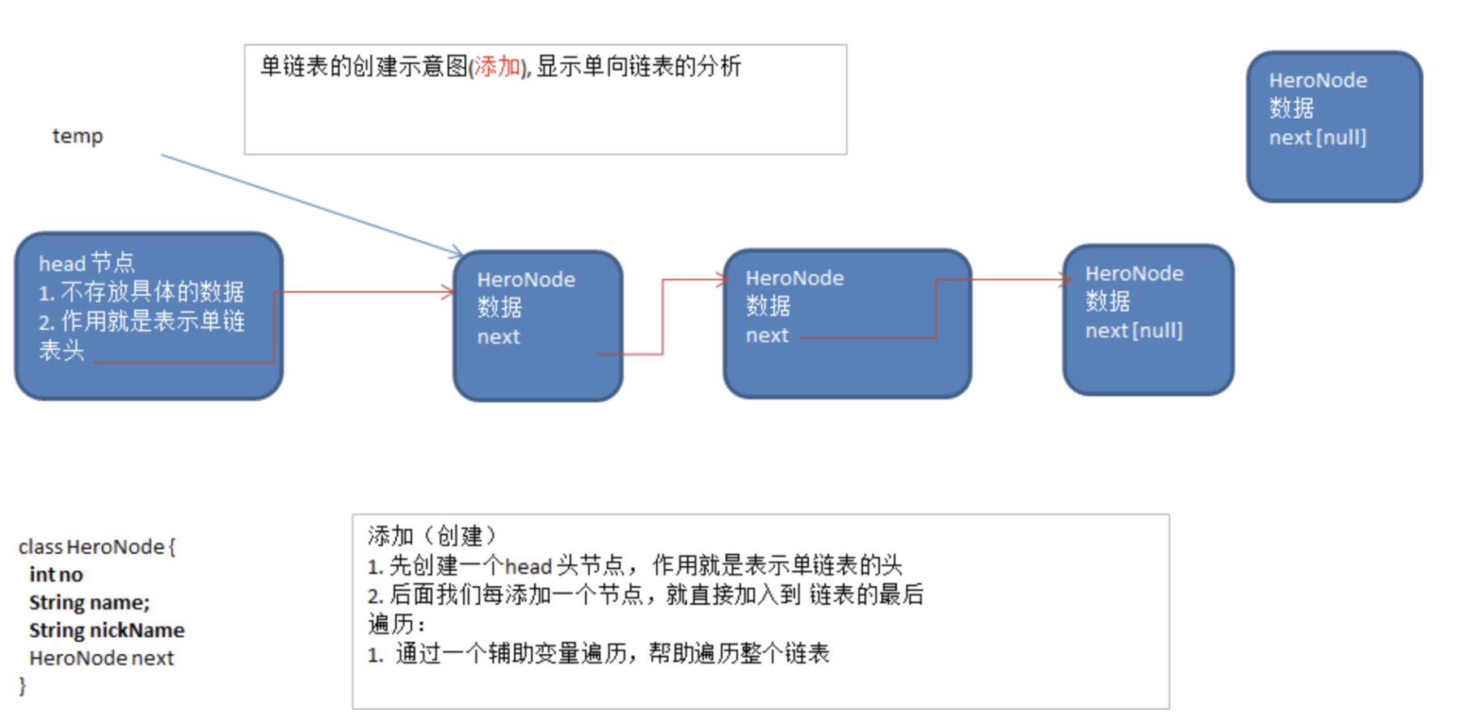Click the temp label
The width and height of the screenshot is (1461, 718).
(78, 136)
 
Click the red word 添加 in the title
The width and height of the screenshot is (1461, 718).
(497, 66)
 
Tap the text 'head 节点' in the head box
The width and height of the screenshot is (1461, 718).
(86, 263)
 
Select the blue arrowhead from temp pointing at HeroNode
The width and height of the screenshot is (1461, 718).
(457, 253)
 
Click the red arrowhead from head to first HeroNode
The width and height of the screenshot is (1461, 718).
(448, 292)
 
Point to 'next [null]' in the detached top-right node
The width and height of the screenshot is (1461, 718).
(1317, 137)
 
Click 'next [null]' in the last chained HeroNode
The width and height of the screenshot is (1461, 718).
(1133, 331)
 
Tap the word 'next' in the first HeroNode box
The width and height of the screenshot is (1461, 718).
(498, 337)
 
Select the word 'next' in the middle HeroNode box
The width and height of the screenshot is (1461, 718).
(766, 336)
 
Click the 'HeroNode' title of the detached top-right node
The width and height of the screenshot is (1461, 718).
(1317, 81)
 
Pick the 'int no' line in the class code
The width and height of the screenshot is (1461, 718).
(56, 575)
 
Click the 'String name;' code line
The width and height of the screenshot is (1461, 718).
(89, 602)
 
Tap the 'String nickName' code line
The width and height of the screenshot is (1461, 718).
(107, 630)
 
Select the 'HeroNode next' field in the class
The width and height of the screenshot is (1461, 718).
(101, 658)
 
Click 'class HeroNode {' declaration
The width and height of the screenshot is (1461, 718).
(97, 547)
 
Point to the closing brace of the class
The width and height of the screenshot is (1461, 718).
(23, 686)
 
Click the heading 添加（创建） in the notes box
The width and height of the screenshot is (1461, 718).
(432, 536)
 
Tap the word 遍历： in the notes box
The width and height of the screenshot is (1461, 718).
(396, 624)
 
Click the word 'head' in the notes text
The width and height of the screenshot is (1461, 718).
(528, 566)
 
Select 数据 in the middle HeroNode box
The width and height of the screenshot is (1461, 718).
(768, 306)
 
